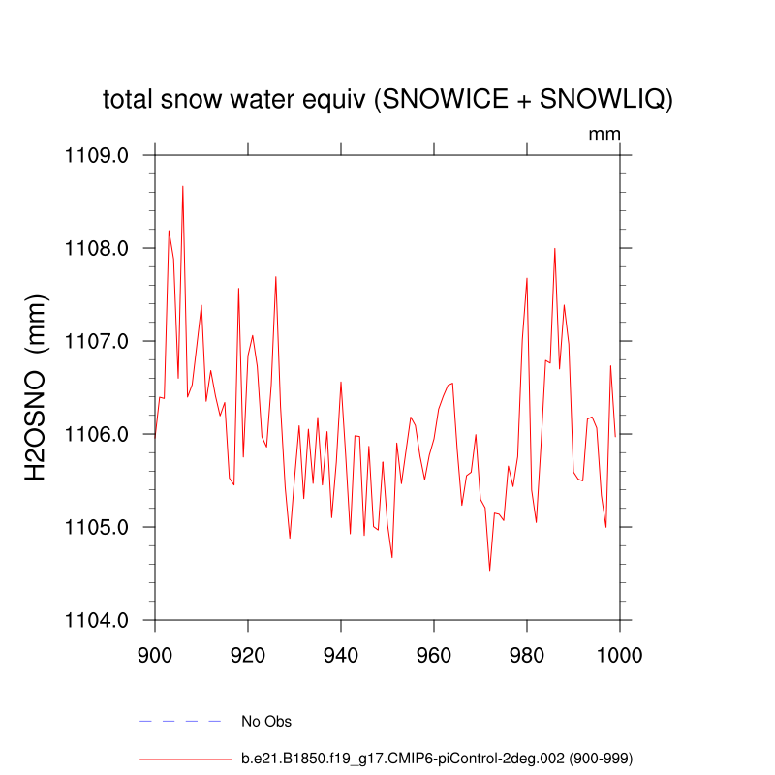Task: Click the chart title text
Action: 387,100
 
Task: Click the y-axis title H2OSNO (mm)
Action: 36,387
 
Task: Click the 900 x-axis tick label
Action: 155,654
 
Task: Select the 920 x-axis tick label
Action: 248,654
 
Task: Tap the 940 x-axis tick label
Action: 341,654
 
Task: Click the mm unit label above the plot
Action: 604,135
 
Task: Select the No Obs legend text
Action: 266,722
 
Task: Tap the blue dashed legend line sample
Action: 186,721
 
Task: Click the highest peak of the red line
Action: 182,187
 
